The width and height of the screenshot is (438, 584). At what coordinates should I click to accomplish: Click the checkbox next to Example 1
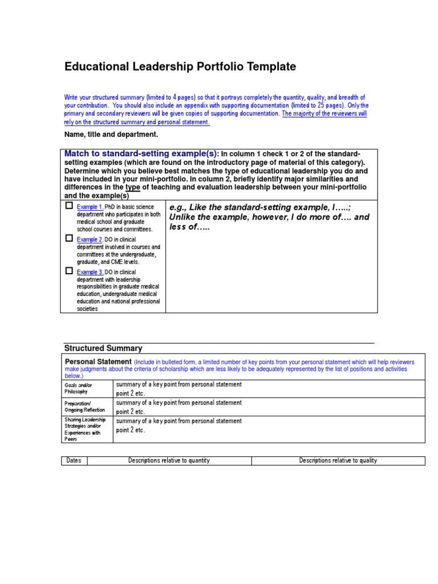[x=69, y=205]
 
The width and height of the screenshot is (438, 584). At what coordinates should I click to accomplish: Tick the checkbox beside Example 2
[x=69, y=238]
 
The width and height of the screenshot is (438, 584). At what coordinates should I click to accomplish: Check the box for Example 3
[x=69, y=271]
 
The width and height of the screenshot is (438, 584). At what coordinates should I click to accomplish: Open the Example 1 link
[x=90, y=206]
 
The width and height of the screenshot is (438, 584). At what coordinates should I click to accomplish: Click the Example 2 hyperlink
[x=90, y=240]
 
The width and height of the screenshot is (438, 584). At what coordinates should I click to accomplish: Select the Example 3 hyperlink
[x=90, y=273]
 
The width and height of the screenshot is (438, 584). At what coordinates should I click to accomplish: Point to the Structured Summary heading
[x=103, y=348]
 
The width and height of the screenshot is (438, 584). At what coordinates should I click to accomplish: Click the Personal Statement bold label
[x=99, y=362]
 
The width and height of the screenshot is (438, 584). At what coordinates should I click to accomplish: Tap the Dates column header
[x=74, y=461]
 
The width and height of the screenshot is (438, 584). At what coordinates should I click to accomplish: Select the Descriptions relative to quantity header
[x=169, y=461]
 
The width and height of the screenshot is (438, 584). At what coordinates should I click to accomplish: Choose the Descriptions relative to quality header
[x=338, y=461]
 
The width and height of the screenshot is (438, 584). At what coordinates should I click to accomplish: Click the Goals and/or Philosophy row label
[x=79, y=388]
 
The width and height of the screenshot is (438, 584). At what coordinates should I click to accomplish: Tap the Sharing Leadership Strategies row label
[x=85, y=429]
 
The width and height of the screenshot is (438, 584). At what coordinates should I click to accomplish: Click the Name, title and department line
[x=111, y=135]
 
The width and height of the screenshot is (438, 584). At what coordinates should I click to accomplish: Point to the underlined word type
[x=132, y=187]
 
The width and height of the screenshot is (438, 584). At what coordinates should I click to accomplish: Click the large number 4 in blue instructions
[x=175, y=97]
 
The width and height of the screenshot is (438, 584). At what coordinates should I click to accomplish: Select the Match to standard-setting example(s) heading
[x=141, y=153]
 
